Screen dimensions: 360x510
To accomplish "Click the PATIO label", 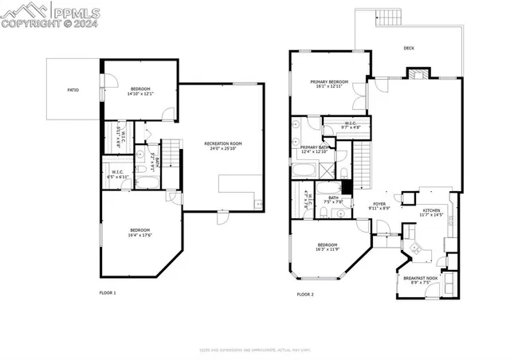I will click(x=73, y=90).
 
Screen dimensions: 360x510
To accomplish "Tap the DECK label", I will click(x=409, y=48).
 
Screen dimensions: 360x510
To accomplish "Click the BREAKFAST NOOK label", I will click(x=420, y=278).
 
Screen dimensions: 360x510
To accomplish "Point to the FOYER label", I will click(x=379, y=205).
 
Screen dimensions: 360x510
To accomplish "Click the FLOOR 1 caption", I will click(x=108, y=293).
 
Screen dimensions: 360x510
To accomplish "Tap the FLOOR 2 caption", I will click(x=305, y=294).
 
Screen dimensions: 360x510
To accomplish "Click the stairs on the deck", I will click(x=386, y=19).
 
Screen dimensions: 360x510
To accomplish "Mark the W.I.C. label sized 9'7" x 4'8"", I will click(x=351, y=125).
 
